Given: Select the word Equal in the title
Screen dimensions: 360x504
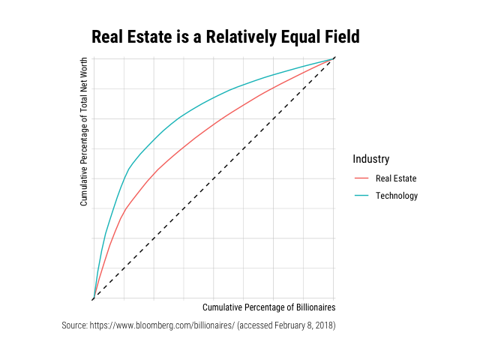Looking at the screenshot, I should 301,37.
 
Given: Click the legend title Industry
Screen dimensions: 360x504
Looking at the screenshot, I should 370,159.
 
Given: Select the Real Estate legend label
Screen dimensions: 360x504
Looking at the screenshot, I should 395,178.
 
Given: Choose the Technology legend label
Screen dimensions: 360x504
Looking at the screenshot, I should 396,196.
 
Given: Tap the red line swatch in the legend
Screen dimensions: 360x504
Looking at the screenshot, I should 361,178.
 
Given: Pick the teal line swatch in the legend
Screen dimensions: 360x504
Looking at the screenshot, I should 361,196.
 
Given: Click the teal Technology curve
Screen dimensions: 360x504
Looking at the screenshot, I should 180,118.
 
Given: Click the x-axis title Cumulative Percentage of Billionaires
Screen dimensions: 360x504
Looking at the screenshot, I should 268,307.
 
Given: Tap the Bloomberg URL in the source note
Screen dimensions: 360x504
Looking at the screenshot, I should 161,325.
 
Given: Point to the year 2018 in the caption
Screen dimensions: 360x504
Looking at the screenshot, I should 323,325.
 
